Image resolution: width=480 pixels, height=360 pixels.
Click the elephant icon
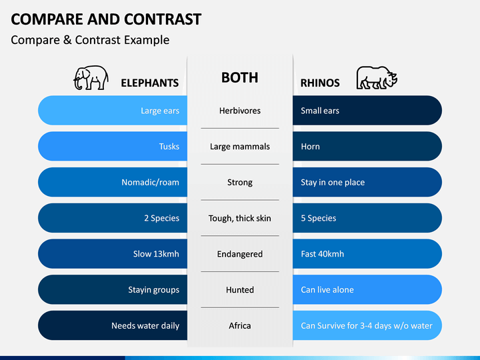click(x=91, y=78)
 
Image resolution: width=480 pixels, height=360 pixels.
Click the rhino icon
click(x=377, y=78)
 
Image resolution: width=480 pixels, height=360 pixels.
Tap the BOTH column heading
click(x=240, y=78)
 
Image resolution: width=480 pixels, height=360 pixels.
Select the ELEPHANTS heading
click(x=150, y=83)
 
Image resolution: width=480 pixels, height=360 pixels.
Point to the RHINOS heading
click(x=320, y=83)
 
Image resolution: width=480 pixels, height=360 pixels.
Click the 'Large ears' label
click(x=160, y=111)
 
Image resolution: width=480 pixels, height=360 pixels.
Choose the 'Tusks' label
click(x=169, y=146)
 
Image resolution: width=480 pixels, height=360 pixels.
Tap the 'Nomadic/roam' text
click(x=150, y=183)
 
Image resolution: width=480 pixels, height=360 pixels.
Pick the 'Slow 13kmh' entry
click(x=156, y=254)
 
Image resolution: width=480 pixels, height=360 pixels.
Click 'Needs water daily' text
click(x=145, y=326)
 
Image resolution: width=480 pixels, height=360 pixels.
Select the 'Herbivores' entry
click(x=240, y=111)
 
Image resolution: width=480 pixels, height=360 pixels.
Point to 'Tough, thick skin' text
click(x=240, y=218)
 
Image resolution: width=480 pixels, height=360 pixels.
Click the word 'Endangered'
click(x=240, y=254)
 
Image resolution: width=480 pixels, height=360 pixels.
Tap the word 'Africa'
click(x=240, y=325)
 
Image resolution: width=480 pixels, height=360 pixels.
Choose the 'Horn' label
click(x=310, y=146)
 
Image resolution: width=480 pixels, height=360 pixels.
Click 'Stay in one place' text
click(x=333, y=183)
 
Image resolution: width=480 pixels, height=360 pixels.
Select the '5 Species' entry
click(x=319, y=218)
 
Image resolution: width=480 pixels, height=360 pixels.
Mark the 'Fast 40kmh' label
click(x=323, y=254)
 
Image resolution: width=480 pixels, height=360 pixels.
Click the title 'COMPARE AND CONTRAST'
click(x=106, y=19)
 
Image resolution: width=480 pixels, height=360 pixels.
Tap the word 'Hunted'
click(x=240, y=289)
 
